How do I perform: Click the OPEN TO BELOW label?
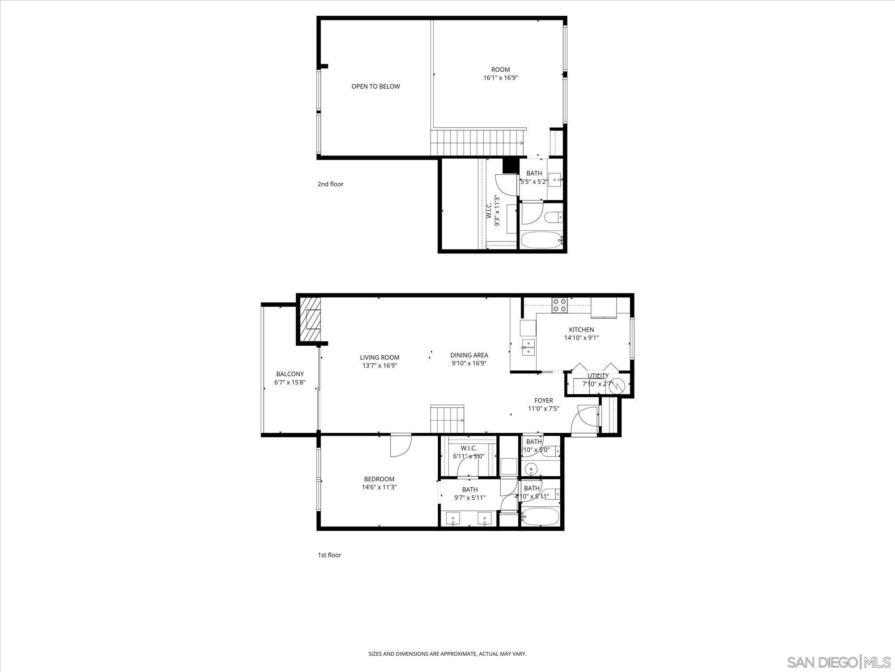(375, 86)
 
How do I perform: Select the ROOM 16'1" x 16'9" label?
(500, 73)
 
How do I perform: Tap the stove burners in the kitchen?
(559, 305)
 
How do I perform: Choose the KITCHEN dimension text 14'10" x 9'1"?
(581, 338)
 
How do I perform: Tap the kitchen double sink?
(528, 348)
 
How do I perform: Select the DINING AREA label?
(469, 355)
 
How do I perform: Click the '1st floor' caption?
(329, 555)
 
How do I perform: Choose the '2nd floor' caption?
(330, 184)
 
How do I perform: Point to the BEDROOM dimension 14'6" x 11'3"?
(379, 487)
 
